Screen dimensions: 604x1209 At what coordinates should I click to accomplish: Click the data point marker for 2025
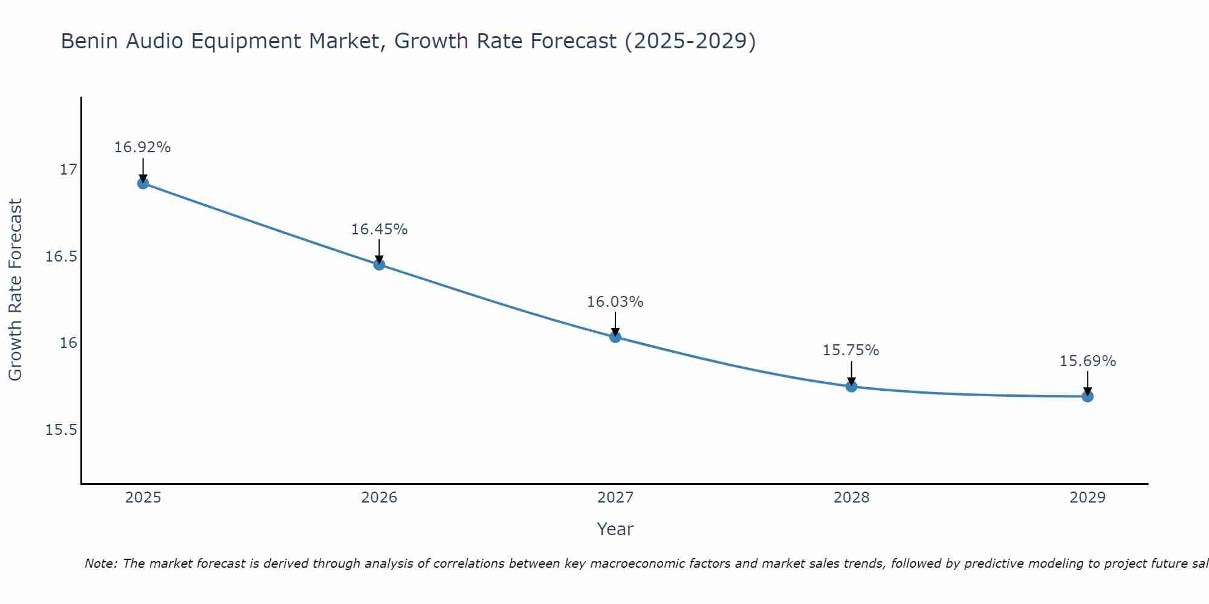143,183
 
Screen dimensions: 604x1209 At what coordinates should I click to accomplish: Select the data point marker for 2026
379,265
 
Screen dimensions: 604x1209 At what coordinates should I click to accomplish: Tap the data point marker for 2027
615,337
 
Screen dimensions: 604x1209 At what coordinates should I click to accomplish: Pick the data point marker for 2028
851,387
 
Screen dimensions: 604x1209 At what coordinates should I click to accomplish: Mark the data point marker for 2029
1087,396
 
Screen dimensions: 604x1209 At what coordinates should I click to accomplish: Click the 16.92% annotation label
143,147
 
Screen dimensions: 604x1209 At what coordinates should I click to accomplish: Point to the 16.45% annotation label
379,230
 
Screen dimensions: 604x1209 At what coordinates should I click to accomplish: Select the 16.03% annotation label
615,302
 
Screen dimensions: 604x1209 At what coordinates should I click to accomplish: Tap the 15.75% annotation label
851,350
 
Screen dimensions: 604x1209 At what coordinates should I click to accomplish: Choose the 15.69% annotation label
1087,361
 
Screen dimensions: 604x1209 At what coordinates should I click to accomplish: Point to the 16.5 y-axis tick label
62,257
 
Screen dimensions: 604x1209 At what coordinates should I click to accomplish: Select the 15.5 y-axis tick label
62,430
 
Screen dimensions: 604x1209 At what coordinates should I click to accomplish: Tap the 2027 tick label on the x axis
615,498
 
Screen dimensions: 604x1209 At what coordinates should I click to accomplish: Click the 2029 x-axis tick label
1087,498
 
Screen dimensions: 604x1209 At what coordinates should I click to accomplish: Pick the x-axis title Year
615,529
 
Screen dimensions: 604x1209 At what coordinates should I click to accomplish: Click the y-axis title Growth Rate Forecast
16,290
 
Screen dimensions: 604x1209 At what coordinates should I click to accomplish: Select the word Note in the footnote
100,564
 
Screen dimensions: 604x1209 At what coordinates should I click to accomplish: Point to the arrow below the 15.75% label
851,374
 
